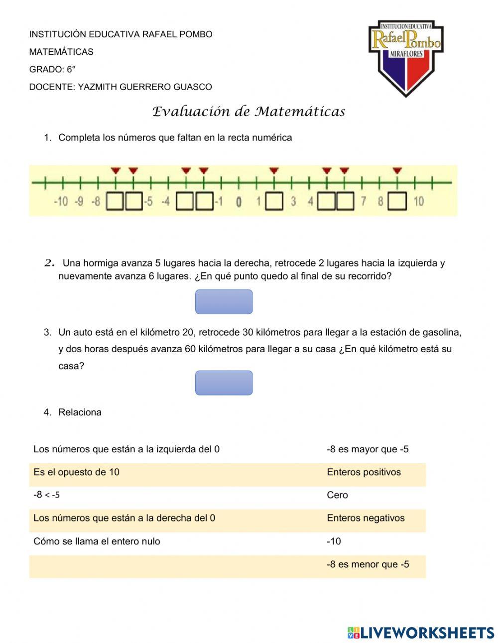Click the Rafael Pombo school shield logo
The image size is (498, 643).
coord(406,57)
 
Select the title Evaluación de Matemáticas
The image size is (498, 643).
coord(249,112)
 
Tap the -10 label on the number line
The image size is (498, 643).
coord(60,202)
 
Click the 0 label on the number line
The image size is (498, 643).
coord(239,202)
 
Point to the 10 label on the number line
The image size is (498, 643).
coord(419,201)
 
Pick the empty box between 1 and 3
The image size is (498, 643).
coord(274,202)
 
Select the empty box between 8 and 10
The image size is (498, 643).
coord(397,202)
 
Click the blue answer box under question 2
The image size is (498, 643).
coord(224,302)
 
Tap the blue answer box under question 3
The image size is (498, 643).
coord(224,383)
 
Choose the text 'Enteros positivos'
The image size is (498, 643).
coord(364,472)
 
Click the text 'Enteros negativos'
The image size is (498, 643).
coord(366,518)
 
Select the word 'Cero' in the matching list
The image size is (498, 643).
coord(337,495)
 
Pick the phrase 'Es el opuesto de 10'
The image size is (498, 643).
coord(76,472)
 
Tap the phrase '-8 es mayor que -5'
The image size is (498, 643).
coord(368,449)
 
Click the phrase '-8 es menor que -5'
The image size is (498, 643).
coord(368,564)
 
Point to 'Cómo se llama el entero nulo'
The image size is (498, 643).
coord(97,541)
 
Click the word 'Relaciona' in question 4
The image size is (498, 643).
coord(80,412)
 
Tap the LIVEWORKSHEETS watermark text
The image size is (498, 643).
coord(427,633)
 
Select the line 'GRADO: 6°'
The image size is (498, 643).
coord(52,69)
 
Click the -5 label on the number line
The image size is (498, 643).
coord(148,202)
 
